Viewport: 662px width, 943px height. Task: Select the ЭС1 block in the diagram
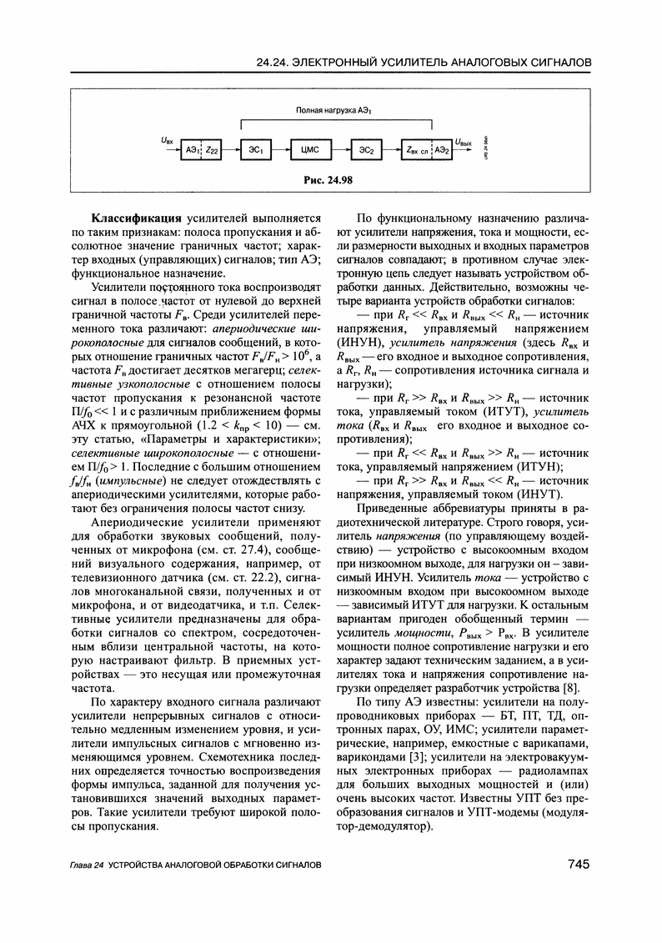point(256,149)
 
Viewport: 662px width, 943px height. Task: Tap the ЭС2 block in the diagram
point(365,149)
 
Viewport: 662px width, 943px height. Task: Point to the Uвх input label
point(167,143)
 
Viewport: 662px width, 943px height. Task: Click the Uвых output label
point(469,143)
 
